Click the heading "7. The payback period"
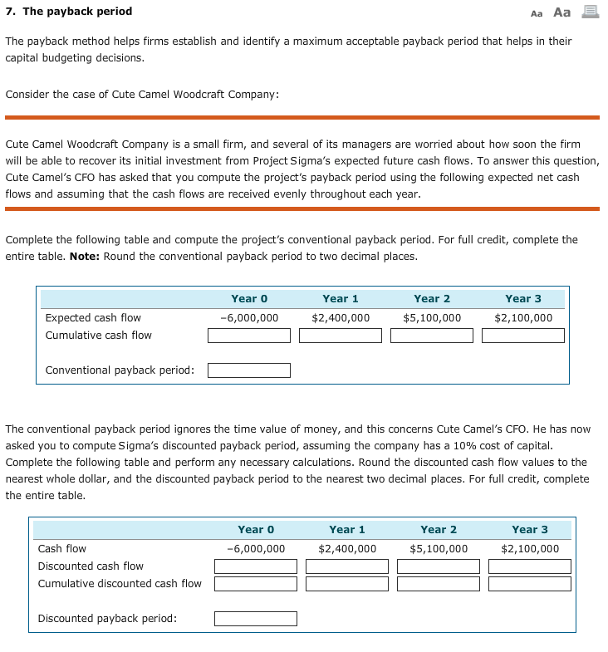[69, 12]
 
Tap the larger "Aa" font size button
[562, 12]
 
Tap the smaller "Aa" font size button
[537, 12]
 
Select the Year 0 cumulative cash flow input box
[249, 336]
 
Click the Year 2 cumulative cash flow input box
[432, 336]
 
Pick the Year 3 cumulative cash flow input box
[523, 336]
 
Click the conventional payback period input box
[249, 370]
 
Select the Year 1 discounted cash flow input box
[347, 566]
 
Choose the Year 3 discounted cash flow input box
[530, 566]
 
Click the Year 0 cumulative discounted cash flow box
[256, 584]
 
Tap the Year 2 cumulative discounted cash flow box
[439, 584]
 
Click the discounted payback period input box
[256, 619]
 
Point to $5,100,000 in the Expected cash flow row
[432, 318]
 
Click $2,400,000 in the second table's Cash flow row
[347, 549]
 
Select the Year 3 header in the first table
[523, 299]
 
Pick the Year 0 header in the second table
[256, 530]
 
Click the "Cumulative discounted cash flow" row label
[120, 584]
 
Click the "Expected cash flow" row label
[93, 318]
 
